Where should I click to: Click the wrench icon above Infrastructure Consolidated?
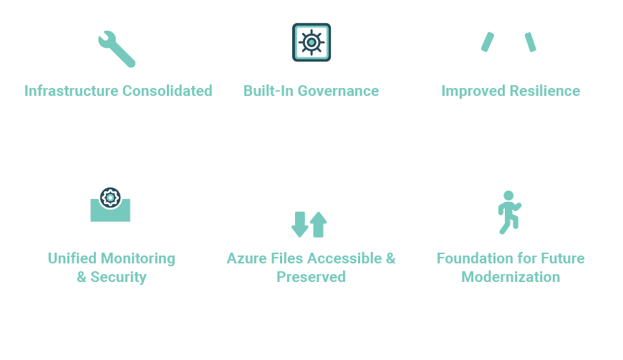pyautogui.click(x=116, y=49)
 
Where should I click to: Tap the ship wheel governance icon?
pyautogui.click(x=311, y=42)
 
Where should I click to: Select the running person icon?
pyautogui.click(x=509, y=212)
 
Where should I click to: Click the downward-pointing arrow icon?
pyautogui.click(x=300, y=224)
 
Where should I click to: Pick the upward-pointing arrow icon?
pyautogui.click(x=319, y=224)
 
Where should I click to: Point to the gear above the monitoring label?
pyautogui.click(x=110, y=198)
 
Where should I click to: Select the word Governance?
pyautogui.click(x=338, y=91)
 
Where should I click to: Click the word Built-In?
pyautogui.click(x=268, y=91)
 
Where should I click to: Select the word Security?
pyautogui.click(x=118, y=277)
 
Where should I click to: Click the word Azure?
pyautogui.click(x=246, y=258)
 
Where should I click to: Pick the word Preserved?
pyautogui.click(x=311, y=277)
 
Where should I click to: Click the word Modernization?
pyautogui.click(x=511, y=277)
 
